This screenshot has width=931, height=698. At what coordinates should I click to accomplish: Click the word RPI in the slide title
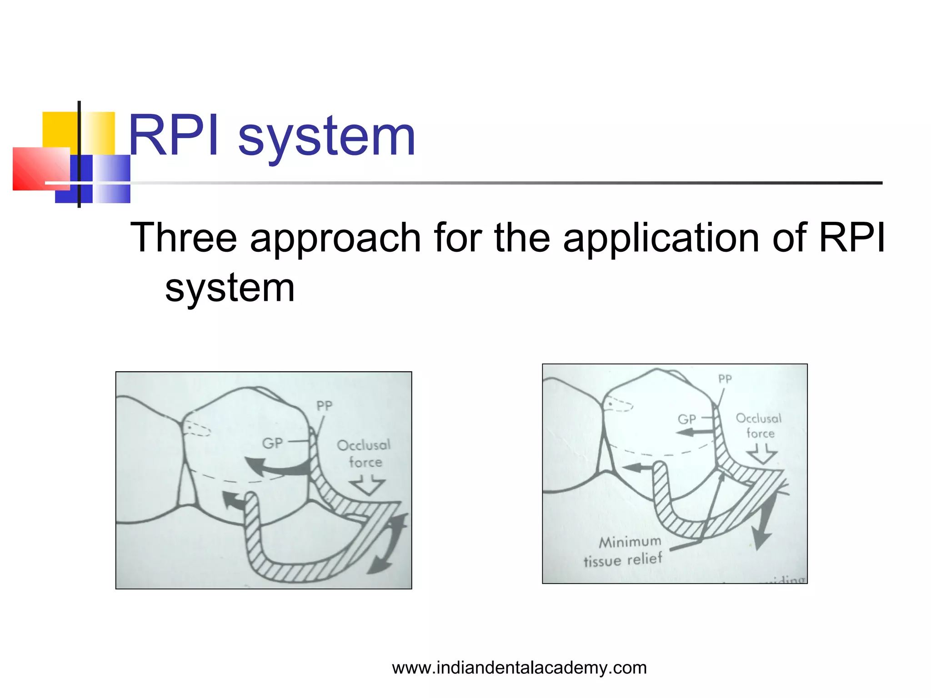coord(174,136)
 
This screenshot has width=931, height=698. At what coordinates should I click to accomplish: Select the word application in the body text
coord(661,239)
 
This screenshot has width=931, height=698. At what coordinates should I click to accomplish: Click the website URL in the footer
coord(519,668)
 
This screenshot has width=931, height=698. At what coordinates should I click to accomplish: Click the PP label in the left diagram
coord(324,406)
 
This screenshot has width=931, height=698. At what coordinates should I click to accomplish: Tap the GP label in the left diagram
coord(272,443)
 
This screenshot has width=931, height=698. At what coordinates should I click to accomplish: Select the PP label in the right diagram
coord(725,379)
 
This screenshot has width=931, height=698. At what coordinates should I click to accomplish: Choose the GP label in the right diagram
coord(686,419)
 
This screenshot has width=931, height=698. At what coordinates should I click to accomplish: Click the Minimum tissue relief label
coord(624,551)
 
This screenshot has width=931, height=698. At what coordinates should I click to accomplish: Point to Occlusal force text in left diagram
coord(364,454)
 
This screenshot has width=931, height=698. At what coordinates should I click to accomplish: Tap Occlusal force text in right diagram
coord(759,426)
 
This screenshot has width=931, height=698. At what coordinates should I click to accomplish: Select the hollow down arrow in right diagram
coord(762,454)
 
